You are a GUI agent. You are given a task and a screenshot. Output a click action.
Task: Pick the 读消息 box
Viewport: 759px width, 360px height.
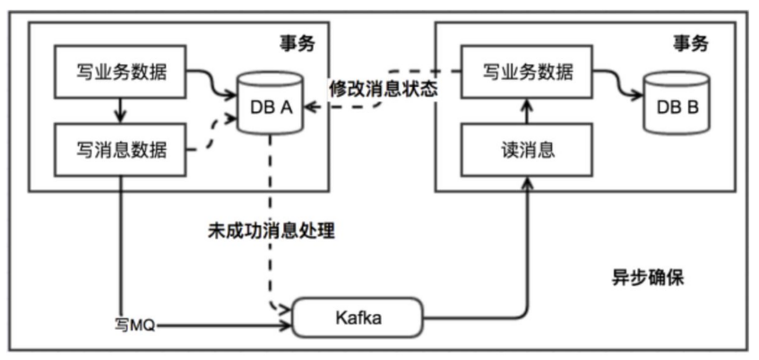click(x=526, y=149)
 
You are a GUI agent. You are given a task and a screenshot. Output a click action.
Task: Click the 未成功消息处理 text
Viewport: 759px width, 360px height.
click(x=270, y=230)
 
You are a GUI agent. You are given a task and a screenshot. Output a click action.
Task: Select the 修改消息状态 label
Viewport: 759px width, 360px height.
click(x=382, y=90)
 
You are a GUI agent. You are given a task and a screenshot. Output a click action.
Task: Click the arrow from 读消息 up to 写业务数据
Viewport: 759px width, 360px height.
click(x=526, y=109)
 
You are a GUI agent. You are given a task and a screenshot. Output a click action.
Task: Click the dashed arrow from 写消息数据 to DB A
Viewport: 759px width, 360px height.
click(x=213, y=135)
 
